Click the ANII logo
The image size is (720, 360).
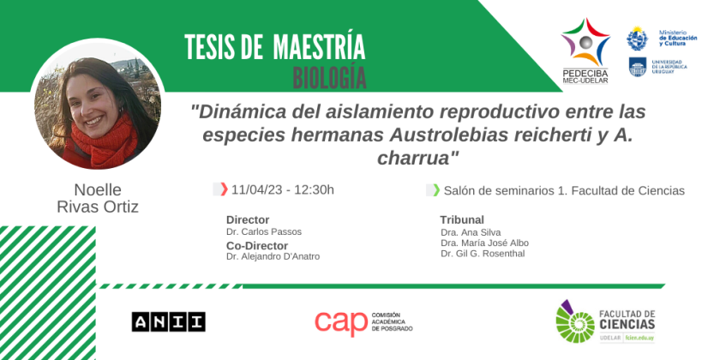click(169, 321)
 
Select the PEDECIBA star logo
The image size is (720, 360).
click(585, 42)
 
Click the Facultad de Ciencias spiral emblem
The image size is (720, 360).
click(575, 321)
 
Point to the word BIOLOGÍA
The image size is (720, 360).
click(330, 78)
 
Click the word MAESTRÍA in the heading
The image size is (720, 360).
click(319, 47)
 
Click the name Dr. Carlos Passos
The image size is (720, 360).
click(264, 232)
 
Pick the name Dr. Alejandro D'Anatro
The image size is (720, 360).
click(273, 256)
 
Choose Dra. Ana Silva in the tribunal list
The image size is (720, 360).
click(471, 232)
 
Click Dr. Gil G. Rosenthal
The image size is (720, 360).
click(483, 254)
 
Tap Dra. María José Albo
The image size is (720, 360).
click(484, 243)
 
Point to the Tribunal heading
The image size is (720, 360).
click(462, 220)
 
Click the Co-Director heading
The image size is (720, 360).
click(257, 246)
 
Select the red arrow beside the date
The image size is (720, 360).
click(224, 189)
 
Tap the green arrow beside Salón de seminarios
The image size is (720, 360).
click(436, 189)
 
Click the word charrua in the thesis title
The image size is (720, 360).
click(418, 159)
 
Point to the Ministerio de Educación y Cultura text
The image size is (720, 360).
click(678, 38)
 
